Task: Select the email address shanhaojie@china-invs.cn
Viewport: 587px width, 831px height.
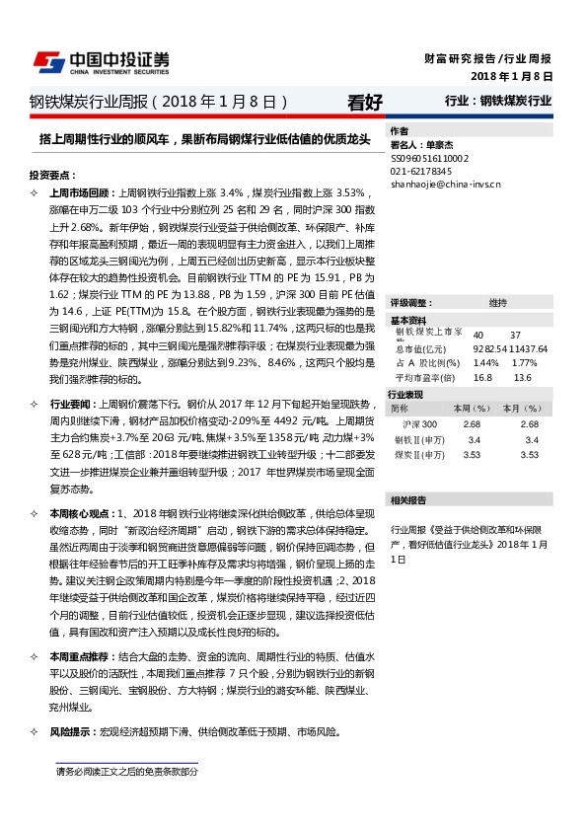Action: [x=446, y=184]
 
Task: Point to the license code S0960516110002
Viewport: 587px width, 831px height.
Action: [x=430, y=158]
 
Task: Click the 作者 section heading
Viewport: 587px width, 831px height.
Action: [x=400, y=131]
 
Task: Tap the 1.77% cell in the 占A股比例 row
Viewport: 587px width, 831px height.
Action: [x=524, y=363]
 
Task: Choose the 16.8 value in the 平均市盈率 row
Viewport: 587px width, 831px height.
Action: [x=482, y=377]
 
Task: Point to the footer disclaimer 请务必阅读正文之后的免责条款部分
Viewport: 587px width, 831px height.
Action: [x=127, y=771]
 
